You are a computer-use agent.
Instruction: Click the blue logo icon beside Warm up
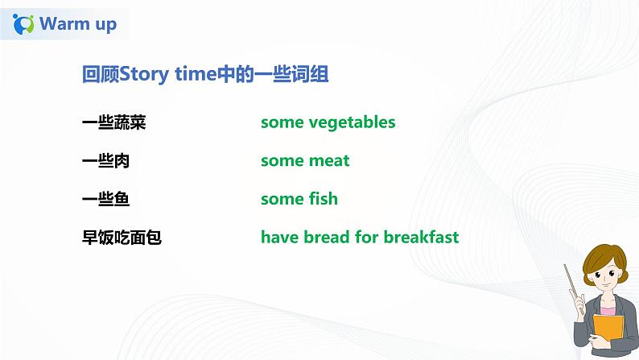click(x=24, y=24)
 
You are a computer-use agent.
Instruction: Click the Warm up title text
click(x=78, y=23)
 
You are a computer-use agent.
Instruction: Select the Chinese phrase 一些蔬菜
click(x=113, y=122)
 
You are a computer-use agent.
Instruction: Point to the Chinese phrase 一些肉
click(x=105, y=161)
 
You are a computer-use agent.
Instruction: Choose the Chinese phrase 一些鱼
click(x=105, y=199)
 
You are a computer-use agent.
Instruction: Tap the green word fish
click(x=322, y=199)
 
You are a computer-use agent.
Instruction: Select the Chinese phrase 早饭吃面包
click(x=122, y=238)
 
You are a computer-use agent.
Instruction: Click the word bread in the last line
click(x=325, y=238)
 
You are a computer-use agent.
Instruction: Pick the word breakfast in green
click(x=421, y=238)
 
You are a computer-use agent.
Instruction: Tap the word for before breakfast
click(x=366, y=238)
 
